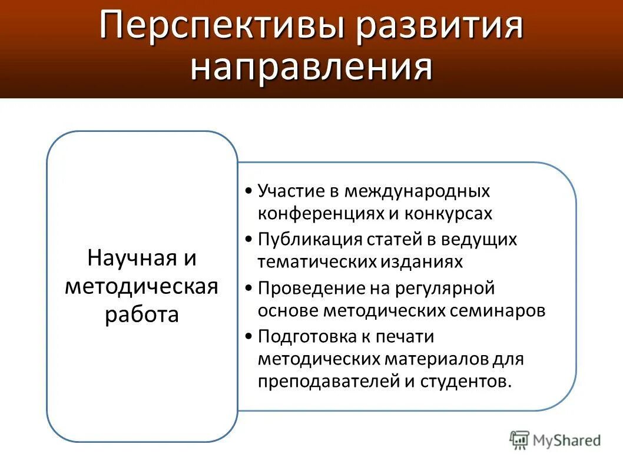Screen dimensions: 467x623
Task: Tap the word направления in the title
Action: point(311,68)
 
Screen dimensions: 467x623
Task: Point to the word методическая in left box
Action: point(141,287)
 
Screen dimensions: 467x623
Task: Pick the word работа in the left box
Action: point(142,314)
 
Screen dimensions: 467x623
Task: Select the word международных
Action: point(417,191)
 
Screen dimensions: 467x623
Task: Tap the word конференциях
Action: point(320,213)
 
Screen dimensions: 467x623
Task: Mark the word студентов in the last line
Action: point(465,380)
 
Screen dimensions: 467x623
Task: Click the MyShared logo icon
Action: point(519,439)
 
